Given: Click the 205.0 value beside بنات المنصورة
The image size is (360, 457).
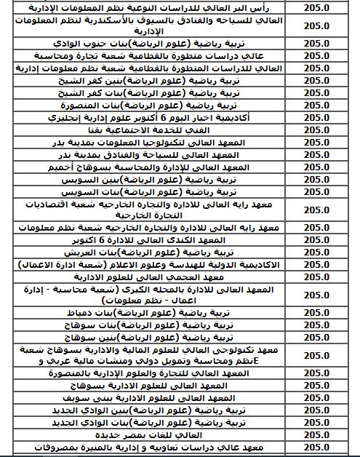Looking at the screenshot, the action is point(319,104).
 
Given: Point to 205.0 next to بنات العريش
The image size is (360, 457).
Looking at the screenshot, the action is point(319,251).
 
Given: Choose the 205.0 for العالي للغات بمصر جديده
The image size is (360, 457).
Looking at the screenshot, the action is point(319,435).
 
